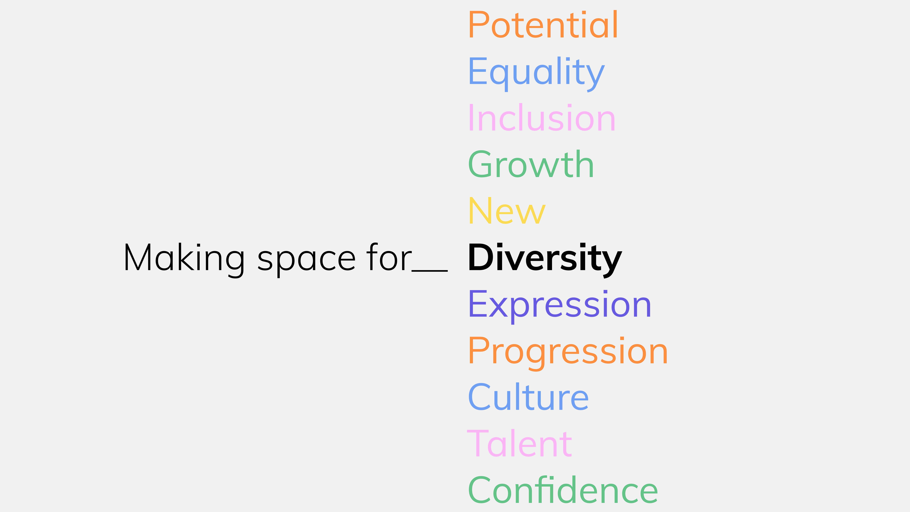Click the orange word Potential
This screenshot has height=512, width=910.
543,25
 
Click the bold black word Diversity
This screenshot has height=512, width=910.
545,258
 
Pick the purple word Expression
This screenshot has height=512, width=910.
560,305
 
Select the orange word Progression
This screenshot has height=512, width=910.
568,351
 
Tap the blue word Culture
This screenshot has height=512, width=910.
528,398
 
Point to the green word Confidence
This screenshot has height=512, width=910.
563,490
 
